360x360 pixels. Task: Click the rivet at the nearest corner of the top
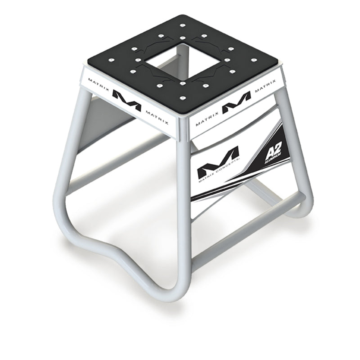(x=184, y=97)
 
